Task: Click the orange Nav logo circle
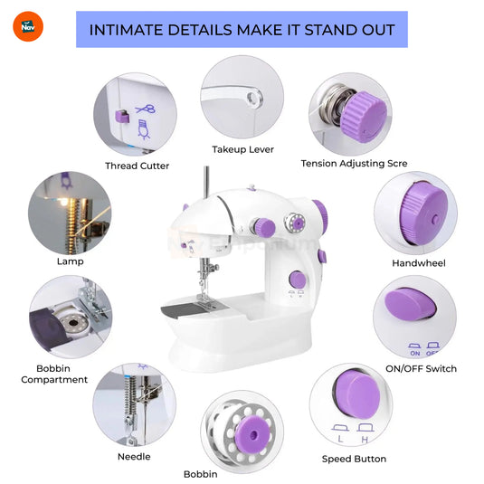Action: tap(28, 26)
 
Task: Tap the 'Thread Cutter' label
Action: tap(137, 166)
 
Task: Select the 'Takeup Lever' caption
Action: tap(243, 149)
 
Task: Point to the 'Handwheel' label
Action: tap(419, 263)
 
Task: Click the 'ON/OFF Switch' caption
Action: tap(421, 368)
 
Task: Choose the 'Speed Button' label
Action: tap(354, 459)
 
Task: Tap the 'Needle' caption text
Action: tap(134, 457)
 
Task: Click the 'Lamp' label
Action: tap(71, 261)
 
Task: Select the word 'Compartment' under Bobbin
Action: tap(54, 380)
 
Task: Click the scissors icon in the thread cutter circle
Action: tap(146, 109)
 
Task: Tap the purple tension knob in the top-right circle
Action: tap(365, 117)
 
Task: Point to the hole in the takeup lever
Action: tap(253, 99)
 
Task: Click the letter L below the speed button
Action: tap(340, 439)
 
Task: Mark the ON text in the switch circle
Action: tap(415, 353)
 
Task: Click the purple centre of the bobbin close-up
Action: tap(253, 434)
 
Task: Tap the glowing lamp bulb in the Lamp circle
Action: tap(63, 202)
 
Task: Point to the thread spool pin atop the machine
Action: tap(206, 182)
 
